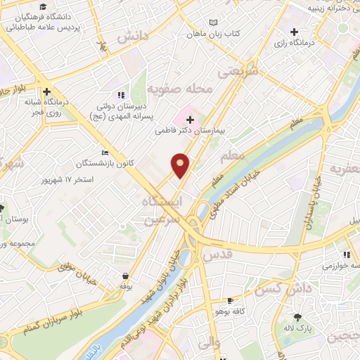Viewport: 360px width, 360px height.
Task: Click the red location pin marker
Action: (181, 165)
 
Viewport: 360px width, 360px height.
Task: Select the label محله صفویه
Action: (176, 89)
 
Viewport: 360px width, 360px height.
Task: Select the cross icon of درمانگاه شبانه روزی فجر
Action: (46, 91)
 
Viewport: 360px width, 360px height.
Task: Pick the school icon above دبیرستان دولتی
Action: (121, 94)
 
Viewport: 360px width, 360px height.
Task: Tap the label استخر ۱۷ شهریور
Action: (88, 179)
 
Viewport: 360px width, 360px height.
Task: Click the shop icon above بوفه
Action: (125, 276)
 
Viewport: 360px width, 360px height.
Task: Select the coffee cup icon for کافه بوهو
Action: (230, 300)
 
